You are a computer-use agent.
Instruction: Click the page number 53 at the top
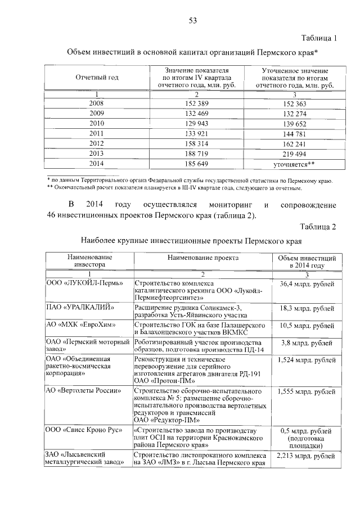coord(192,21)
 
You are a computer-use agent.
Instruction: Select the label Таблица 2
coord(317,227)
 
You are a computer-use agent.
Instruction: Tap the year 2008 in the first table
coord(97,103)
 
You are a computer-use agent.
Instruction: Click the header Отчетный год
coord(97,78)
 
